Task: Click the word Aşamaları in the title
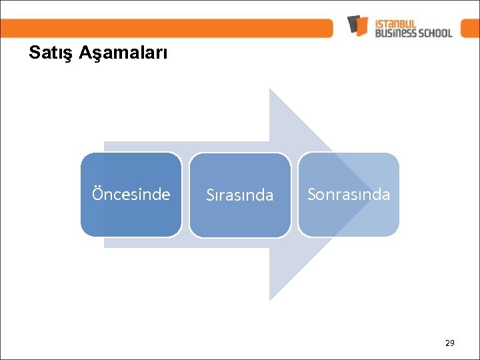click(123, 53)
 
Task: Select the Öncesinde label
click(131, 194)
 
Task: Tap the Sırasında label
click(239, 195)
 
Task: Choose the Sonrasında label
click(348, 194)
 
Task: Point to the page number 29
click(449, 343)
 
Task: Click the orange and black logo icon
click(358, 25)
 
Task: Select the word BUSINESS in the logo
click(395, 32)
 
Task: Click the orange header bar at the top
click(167, 28)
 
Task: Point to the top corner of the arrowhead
click(269, 89)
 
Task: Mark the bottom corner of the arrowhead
click(269, 301)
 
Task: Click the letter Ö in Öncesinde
click(97, 193)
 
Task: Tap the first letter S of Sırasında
click(210, 195)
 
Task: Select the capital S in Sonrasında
click(311, 194)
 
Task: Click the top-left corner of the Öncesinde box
click(83, 155)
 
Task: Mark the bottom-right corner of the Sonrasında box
click(397, 235)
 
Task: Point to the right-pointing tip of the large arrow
click(375, 195)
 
